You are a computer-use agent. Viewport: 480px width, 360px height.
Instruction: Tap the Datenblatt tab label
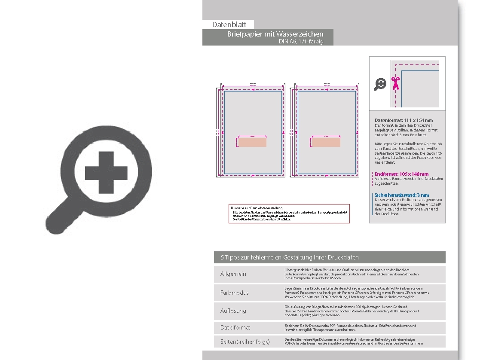tap(229, 24)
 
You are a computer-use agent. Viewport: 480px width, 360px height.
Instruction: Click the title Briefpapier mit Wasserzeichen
tap(275, 34)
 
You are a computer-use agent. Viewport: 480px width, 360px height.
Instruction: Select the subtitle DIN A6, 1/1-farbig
tap(300, 42)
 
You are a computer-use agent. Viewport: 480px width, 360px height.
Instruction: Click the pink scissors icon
tap(395, 83)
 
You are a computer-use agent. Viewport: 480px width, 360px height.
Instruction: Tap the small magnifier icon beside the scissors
tap(380, 84)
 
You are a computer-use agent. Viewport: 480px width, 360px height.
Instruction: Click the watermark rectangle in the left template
tap(253, 142)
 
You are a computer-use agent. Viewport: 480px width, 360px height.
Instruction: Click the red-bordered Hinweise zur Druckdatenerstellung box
tap(289, 214)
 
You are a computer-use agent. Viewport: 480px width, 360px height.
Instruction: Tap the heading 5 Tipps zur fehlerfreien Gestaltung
tap(290, 257)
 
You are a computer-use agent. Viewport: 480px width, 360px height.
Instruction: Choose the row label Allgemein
tap(233, 274)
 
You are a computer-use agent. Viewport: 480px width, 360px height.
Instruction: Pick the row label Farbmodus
tap(235, 293)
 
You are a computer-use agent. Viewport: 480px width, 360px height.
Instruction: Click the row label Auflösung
tap(233, 311)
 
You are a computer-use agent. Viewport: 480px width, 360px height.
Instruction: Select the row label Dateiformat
tap(235, 327)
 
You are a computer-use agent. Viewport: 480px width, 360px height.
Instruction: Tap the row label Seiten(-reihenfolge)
tap(245, 342)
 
